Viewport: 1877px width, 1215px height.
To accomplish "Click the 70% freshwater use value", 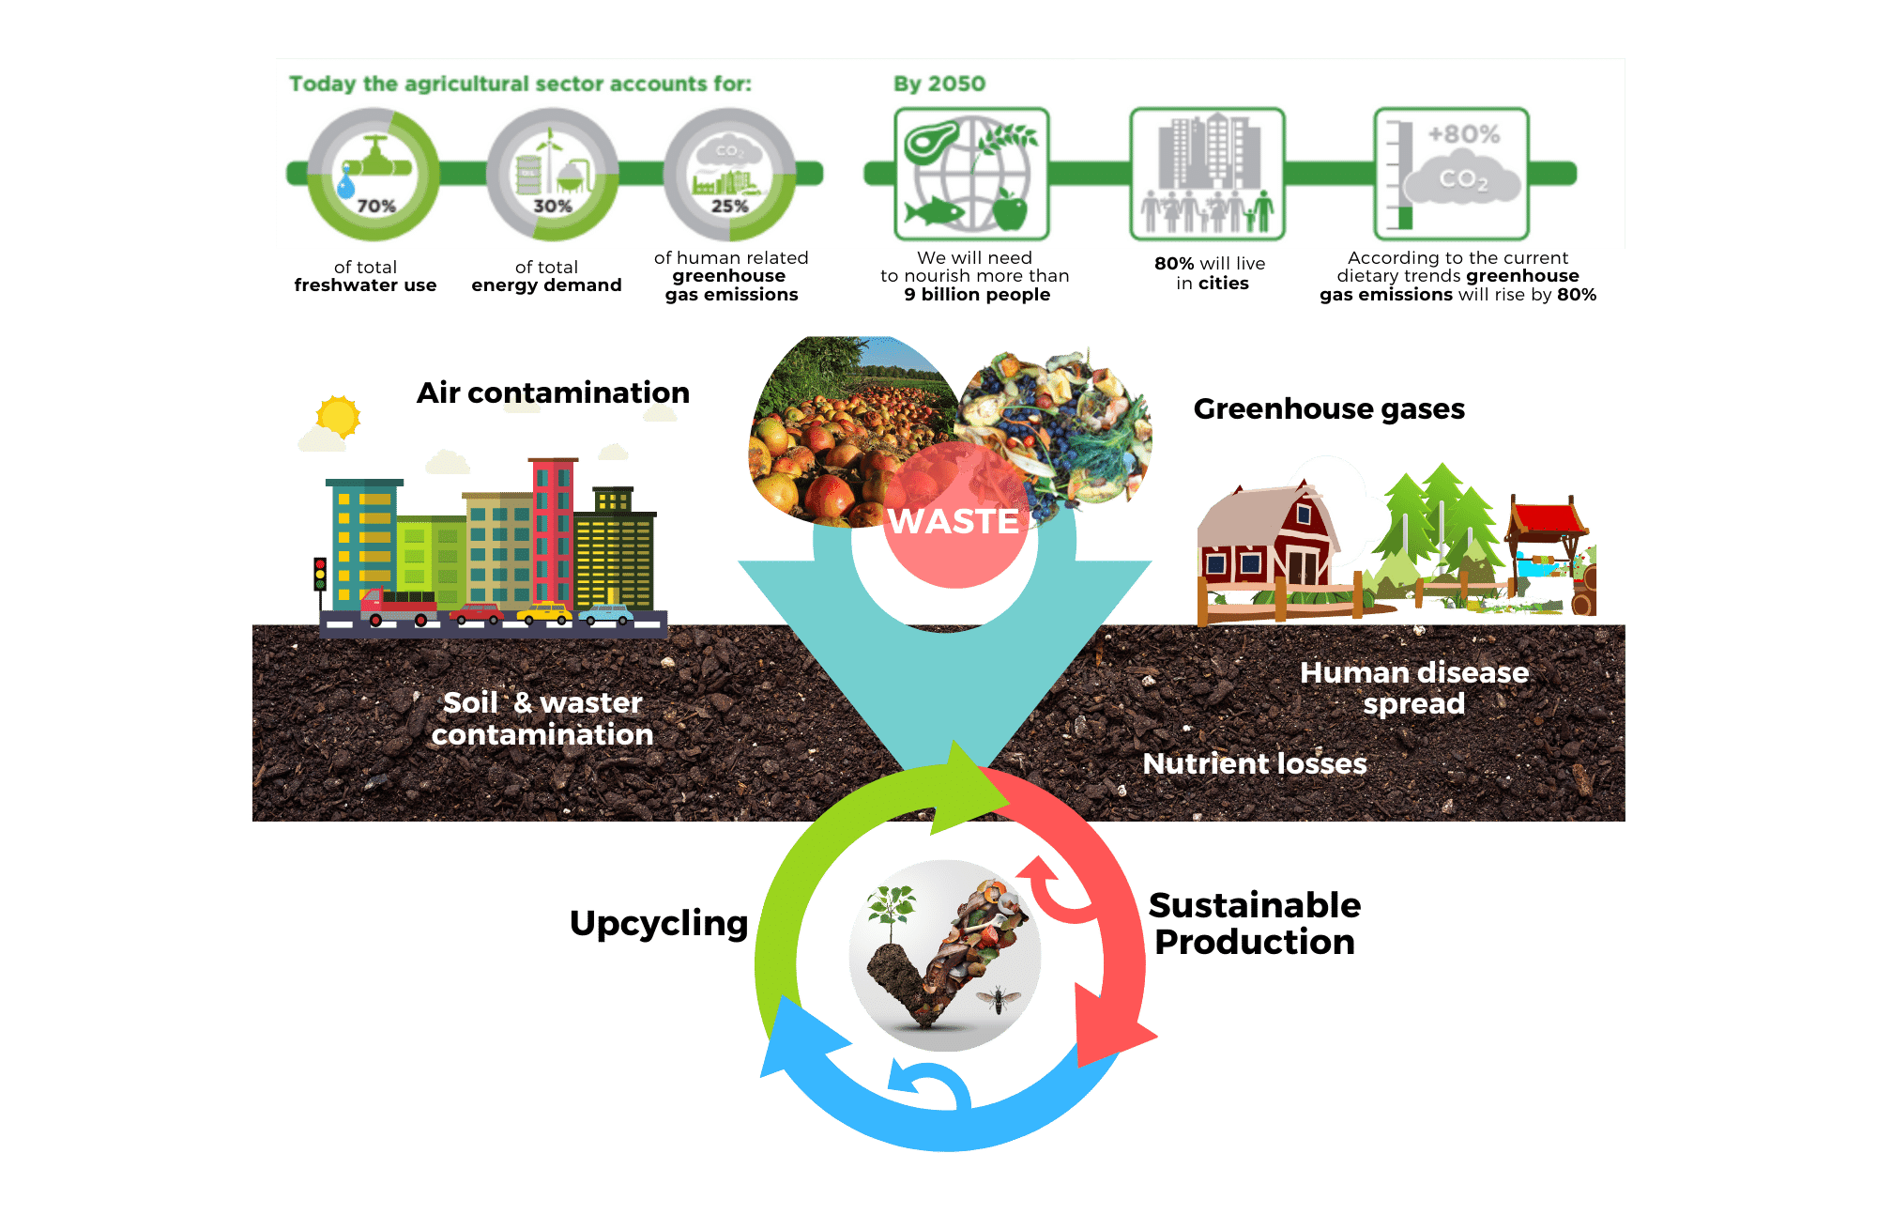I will (376, 206).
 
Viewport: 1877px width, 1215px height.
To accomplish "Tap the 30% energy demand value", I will (553, 206).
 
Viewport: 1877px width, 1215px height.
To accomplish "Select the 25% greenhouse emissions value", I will (729, 206).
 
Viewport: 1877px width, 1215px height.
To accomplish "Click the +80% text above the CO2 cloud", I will (1463, 134).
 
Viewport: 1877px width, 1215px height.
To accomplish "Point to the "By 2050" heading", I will (939, 84).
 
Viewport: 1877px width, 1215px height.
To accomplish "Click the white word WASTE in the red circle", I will (954, 521).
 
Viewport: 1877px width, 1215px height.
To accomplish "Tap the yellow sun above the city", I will (338, 416).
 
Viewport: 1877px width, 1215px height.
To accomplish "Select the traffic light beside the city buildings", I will (320, 574).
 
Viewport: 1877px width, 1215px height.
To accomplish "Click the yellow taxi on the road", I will (545, 613).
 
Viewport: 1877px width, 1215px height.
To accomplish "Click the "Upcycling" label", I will (658, 923).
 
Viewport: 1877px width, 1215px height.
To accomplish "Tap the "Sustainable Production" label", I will (1255, 923).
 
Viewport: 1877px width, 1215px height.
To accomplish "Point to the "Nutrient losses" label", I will (1255, 763).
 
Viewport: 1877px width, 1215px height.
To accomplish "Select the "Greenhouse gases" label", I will (1329, 408).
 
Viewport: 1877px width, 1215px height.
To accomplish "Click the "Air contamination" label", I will (553, 392).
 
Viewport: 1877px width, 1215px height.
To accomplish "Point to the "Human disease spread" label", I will (1414, 687).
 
